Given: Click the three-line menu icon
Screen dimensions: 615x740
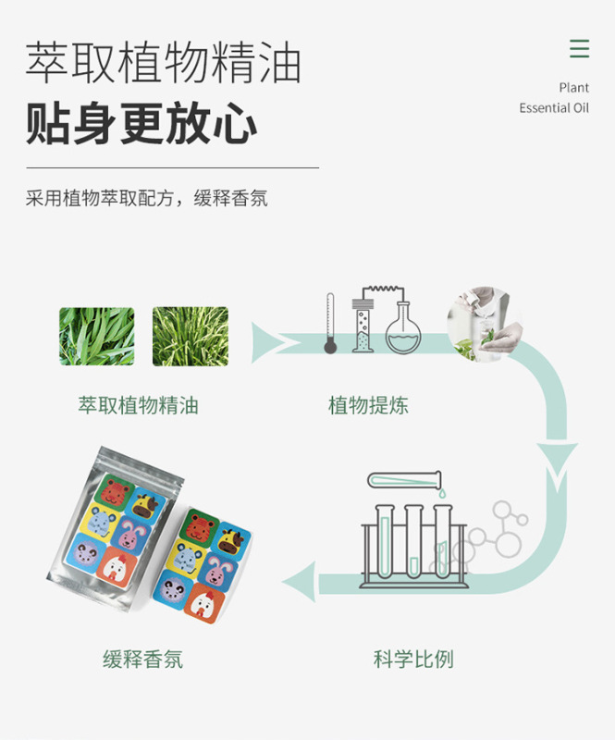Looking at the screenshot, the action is (579, 49).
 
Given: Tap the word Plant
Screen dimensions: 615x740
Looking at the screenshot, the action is (573, 88).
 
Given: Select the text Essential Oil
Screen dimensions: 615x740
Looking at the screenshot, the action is (553, 108).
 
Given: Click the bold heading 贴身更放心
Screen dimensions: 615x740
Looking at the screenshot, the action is (141, 124).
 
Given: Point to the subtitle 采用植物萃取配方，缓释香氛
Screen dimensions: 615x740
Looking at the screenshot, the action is (146, 198).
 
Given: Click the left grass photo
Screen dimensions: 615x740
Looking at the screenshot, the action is (97, 337).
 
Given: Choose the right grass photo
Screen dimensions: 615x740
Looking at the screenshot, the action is (191, 337).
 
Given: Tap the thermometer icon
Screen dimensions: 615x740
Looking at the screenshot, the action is (330, 324).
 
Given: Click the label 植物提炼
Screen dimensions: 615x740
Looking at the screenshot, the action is (368, 405).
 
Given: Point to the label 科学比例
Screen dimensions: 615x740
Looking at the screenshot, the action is (413, 660).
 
